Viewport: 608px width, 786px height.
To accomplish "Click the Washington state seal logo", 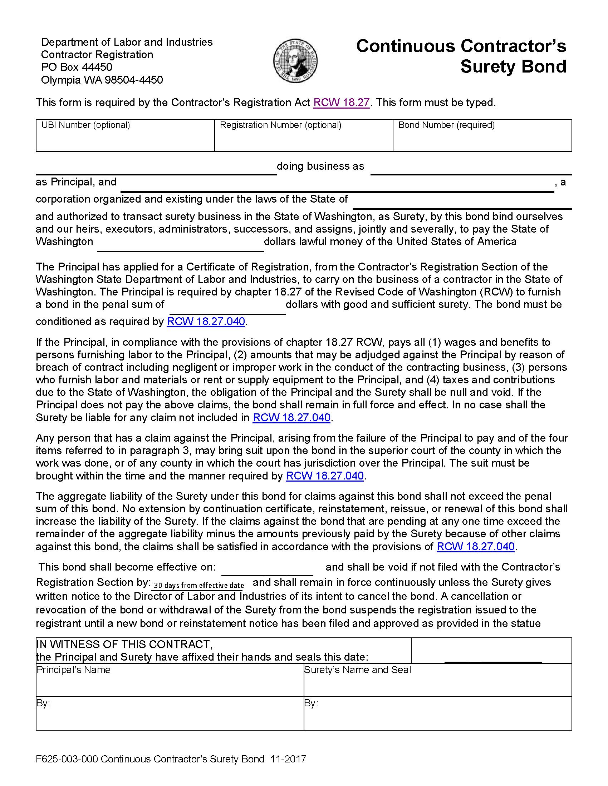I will pyautogui.click(x=295, y=61).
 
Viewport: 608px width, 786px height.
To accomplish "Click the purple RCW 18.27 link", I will pyautogui.click(x=342, y=103).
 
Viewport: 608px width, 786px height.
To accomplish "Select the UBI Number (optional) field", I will pyautogui.click(x=125, y=139).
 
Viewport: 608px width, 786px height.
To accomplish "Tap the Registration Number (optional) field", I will pyautogui.click(x=303, y=139).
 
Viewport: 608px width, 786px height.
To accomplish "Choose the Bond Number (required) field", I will pyautogui.click(x=482, y=139).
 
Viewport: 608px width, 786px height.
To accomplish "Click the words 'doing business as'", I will pyautogui.click(x=320, y=166).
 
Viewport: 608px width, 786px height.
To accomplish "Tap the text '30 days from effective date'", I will pyautogui.click(x=199, y=586).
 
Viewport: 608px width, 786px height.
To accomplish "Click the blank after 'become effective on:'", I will pyautogui.click(x=267, y=568).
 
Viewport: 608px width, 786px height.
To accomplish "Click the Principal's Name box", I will pyautogui.click(x=169, y=680).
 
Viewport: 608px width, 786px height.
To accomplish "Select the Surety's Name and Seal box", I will pyautogui.click(x=437, y=680).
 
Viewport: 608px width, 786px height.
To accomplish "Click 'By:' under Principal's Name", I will pyautogui.click(x=43, y=703).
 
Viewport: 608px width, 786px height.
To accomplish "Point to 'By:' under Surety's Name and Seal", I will pyautogui.click(x=311, y=703).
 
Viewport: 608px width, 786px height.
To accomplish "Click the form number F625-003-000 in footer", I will pyautogui.click(x=67, y=759).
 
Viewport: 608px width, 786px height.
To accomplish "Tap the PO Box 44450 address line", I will pyautogui.click(x=77, y=67).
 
